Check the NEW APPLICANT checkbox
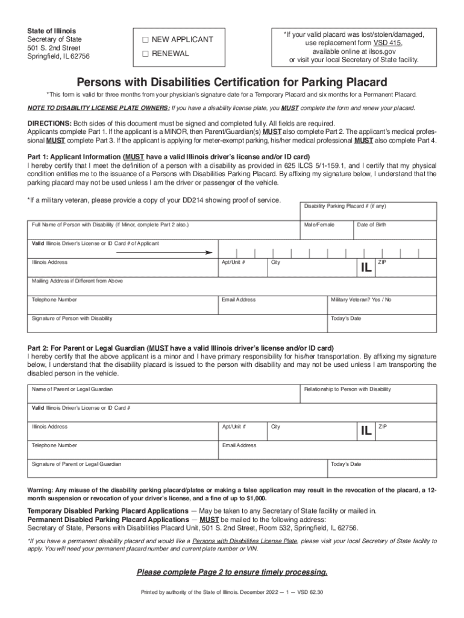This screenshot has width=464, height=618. pos(145,40)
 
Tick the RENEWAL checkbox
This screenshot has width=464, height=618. pos(145,54)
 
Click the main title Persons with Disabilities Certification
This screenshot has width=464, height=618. pos(232,81)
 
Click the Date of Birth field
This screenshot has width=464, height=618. pos(394,229)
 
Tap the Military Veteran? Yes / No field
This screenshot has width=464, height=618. pos(382,305)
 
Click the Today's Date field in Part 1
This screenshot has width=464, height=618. pos(382,323)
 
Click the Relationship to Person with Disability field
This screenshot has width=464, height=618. pos(369,394)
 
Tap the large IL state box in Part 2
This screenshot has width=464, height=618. pos(366,432)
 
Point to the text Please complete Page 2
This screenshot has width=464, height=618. pos(232,572)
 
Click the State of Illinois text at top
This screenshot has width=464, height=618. pos(51,31)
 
